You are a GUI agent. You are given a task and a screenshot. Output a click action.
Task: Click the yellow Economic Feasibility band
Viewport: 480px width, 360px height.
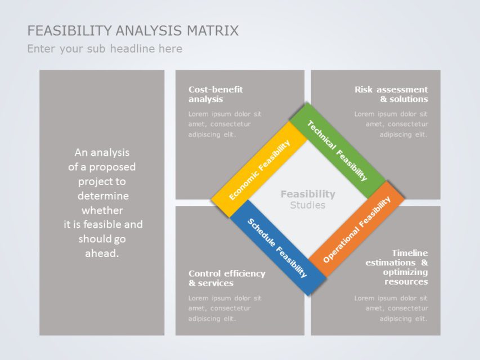[x=260, y=169]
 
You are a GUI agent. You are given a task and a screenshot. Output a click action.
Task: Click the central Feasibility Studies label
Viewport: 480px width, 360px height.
[x=308, y=199]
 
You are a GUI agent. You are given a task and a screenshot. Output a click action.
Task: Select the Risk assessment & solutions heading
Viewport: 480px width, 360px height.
[x=391, y=94]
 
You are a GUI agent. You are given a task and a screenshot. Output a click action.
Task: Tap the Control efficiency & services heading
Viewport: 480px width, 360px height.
[x=226, y=278]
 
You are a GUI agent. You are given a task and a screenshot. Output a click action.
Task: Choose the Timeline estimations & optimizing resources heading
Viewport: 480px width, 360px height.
[x=397, y=267]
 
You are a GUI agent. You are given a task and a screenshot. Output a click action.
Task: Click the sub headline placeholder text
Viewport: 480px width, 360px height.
[x=105, y=49]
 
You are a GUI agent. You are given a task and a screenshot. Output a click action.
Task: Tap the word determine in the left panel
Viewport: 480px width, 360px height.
[x=103, y=196]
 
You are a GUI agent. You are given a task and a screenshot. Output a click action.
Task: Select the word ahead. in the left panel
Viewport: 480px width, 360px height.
[x=102, y=253]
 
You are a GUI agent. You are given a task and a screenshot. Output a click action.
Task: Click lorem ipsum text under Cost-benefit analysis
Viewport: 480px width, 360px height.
[x=225, y=124]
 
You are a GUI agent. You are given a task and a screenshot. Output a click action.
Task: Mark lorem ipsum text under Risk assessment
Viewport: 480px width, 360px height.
[x=391, y=124]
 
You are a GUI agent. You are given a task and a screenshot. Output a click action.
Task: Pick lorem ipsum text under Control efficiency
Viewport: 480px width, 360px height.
[x=225, y=308]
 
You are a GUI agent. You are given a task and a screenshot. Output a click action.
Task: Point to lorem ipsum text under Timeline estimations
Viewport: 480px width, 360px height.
[x=391, y=308]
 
